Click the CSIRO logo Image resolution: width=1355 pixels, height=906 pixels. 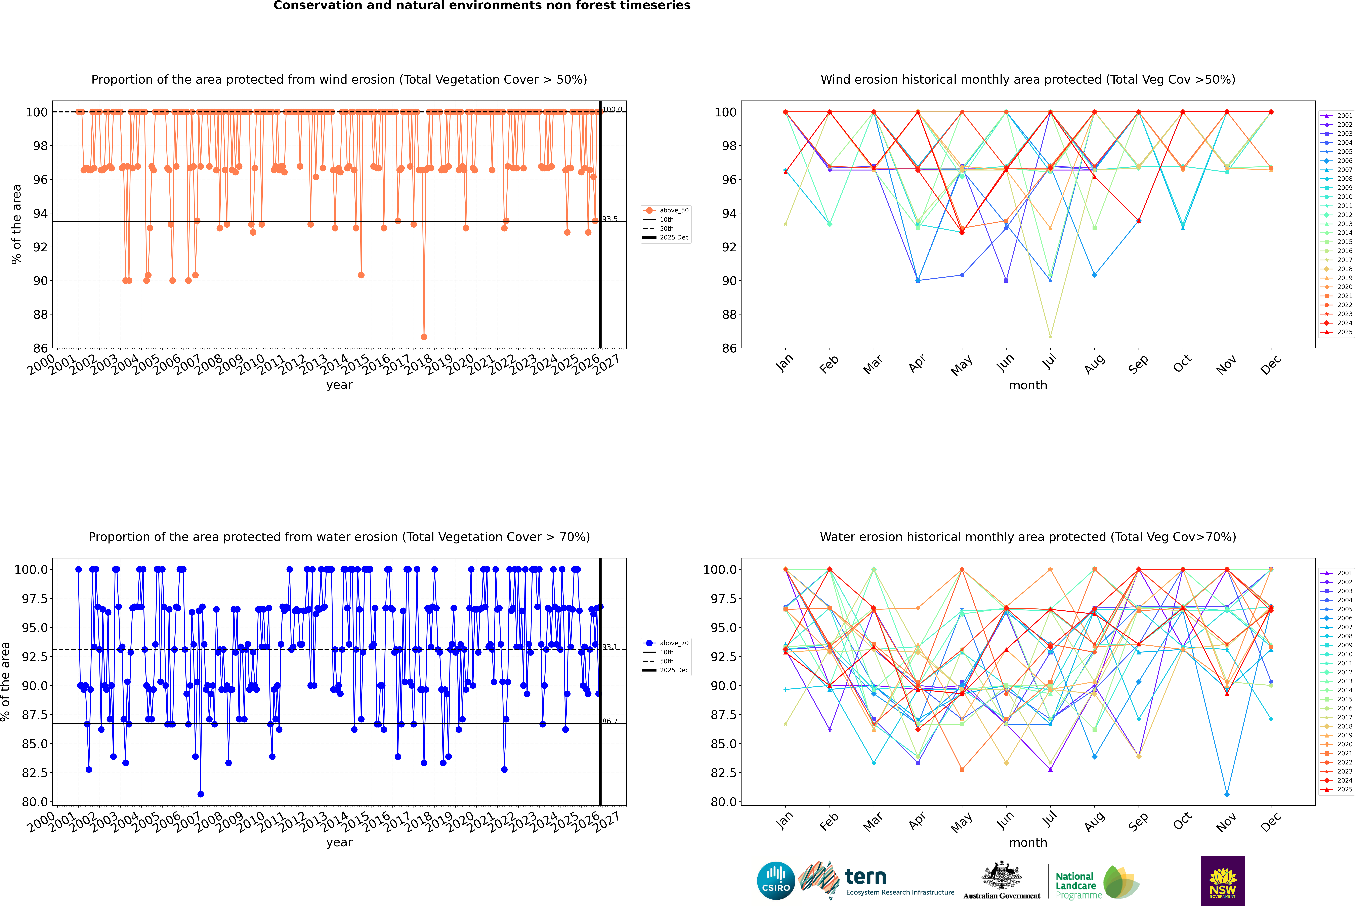pyautogui.click(x=776, y=881)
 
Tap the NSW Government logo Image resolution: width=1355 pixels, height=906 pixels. pyautogui.click(x=1223, y=881)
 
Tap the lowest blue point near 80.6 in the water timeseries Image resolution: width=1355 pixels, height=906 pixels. pyautogui.click(x=200, y=794)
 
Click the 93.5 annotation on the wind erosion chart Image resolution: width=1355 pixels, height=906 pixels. pyautogui.click(x=610, y=219)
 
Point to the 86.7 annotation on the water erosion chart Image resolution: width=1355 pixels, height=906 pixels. pyautogui.click(x=610, y=721)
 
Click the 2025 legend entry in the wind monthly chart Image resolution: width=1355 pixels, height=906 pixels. pyautogui.click(x=1344, y=332)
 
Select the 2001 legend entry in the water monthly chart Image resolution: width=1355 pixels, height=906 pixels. pyautogui.click(x=1344, y=573)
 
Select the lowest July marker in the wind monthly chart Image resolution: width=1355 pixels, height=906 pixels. pyautogui.click(x=1050, y=336)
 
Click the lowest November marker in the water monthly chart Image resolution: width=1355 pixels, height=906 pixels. pyautogui.click(x=1227, y=794)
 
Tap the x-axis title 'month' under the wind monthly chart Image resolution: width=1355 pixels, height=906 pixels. pyautogui.click(x=1027, y=385)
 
